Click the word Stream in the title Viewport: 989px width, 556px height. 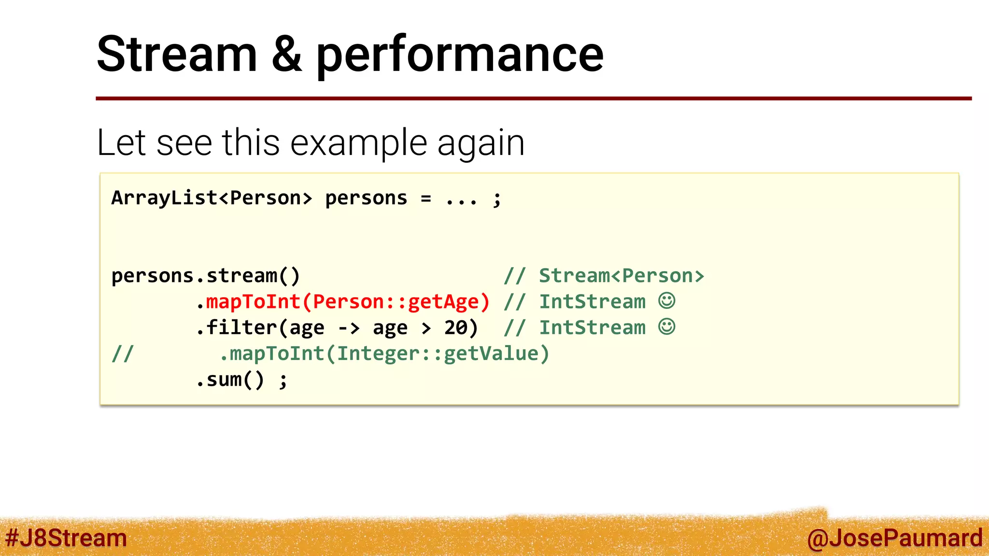point(177,54)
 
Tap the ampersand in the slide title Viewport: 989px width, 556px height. point(286,54)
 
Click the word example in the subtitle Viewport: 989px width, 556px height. point(359,143)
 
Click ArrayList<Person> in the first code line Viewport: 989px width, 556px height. point(212,198)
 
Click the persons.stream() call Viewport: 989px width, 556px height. point(206,276)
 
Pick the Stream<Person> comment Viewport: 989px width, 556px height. point(621,276)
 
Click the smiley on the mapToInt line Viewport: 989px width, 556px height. point(667,301)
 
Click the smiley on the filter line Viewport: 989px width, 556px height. point(667,327)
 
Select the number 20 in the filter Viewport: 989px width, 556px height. point(455,328)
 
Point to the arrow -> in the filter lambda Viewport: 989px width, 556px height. point(349,328)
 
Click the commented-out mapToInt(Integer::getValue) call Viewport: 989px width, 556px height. point(384,354)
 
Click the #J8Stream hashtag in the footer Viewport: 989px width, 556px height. point(66,538)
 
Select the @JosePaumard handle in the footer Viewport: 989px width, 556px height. point(894,538)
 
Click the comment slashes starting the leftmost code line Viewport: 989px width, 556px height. point(122,354)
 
